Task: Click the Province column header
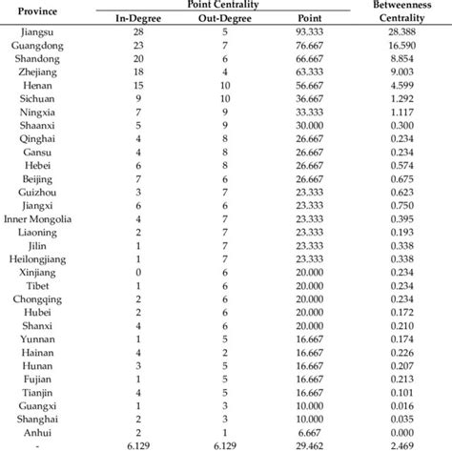pyautogui.click(x=34, y=12)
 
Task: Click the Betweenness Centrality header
pyautogui.click(x=402, y=12)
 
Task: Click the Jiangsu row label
pyautogui.click(x=34, y=32)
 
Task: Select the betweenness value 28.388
pyautogui.click(x=402, y=32)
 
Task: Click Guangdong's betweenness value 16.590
pyautogui.click(x=402, y=46)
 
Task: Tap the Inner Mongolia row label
pyautogui.click(x=34, y=219)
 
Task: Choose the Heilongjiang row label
pyautogui.click(x=34, y=259)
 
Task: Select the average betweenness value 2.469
pyautogui.click(x=402, y=444)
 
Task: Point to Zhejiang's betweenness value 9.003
pyautogui.click(x=402, y=72)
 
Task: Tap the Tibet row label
pyautogui.click(x=34, y=286)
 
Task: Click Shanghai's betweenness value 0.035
pyautogui.click(x=402, y=418)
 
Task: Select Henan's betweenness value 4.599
pyautogui.click(x=402, y=86)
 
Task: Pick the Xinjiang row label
pyautogui.click(x=34, y=273)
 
